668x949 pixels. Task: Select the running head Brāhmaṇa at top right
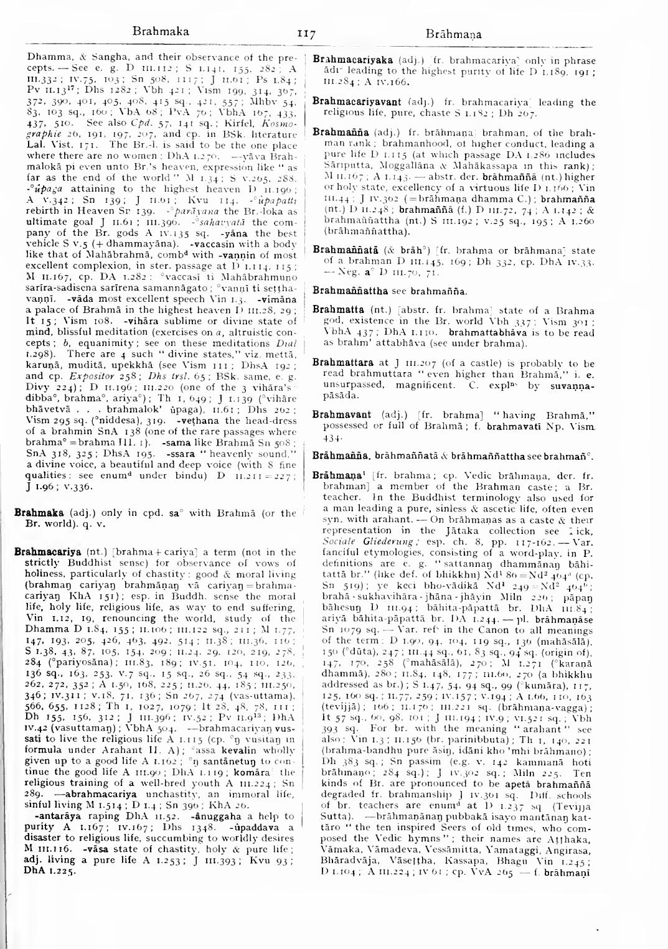454,34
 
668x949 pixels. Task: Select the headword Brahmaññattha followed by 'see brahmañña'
346,291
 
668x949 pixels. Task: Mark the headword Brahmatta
334,310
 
